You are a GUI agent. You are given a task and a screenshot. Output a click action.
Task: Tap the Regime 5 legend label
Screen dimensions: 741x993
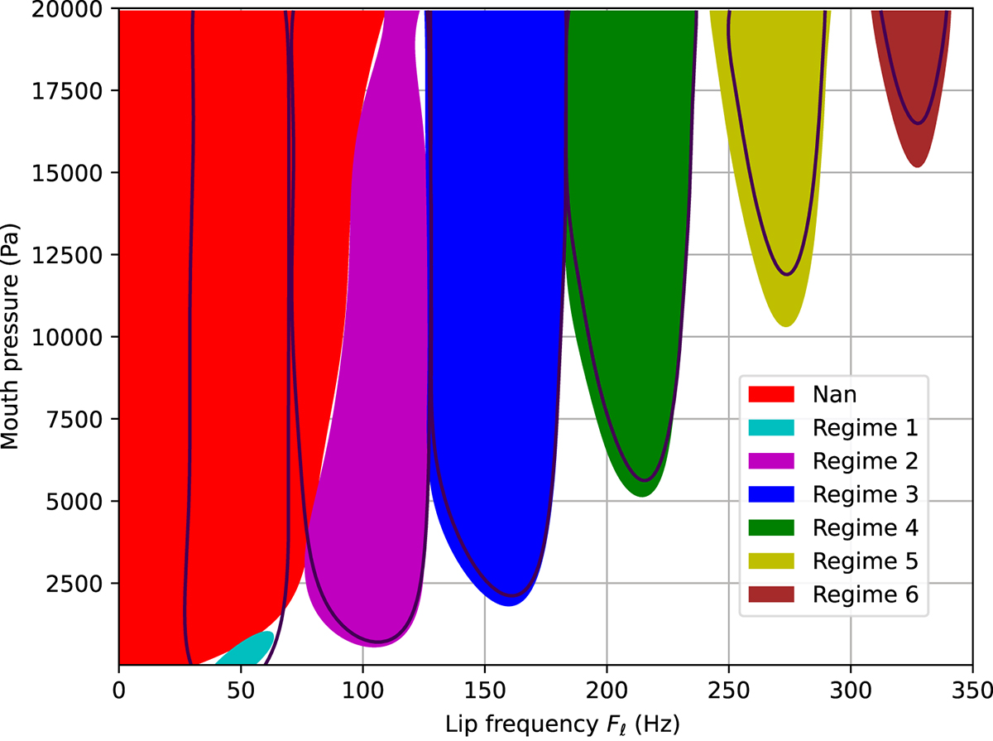tap(866, 561)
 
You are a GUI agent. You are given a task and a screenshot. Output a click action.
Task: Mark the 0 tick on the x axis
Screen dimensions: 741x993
tap(120, 688)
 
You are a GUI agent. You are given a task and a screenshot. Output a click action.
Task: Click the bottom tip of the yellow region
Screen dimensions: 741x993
tap(786, 325)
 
